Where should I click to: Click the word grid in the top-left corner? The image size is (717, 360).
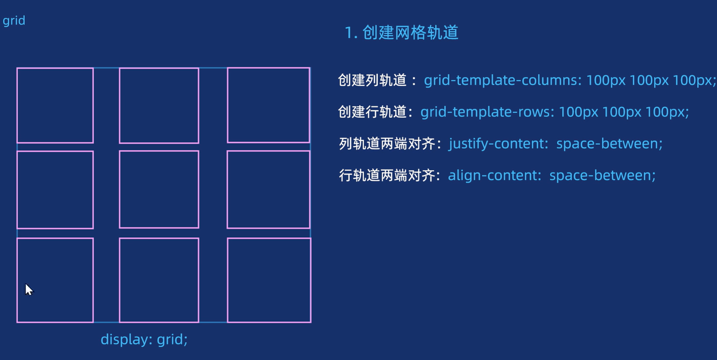click(x=14, y=21)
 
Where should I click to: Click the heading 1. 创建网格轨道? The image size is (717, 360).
click(x=402, y=33)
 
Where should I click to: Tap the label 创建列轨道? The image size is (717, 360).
click(x=372, y=80)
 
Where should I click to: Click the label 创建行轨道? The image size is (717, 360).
click(x=372, y=112)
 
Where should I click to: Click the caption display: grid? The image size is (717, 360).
click(x=144, y=339)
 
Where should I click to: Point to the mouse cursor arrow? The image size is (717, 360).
click(x=29, y=290)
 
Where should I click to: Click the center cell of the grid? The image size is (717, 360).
click(x=159, y=189)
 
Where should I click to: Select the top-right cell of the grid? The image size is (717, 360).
click(x=268, y=105)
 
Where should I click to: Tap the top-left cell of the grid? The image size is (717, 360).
click(x=55, y=105)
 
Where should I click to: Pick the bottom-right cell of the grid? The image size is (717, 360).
click(x=269, y=280)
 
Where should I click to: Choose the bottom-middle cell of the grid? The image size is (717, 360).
click(x=159, y=280)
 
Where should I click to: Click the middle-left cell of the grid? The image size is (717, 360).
click(x=55, y=190)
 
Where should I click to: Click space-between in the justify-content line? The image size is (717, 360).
click(x=609, y=143)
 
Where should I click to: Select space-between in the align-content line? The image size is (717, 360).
click(x=602, y=175)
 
